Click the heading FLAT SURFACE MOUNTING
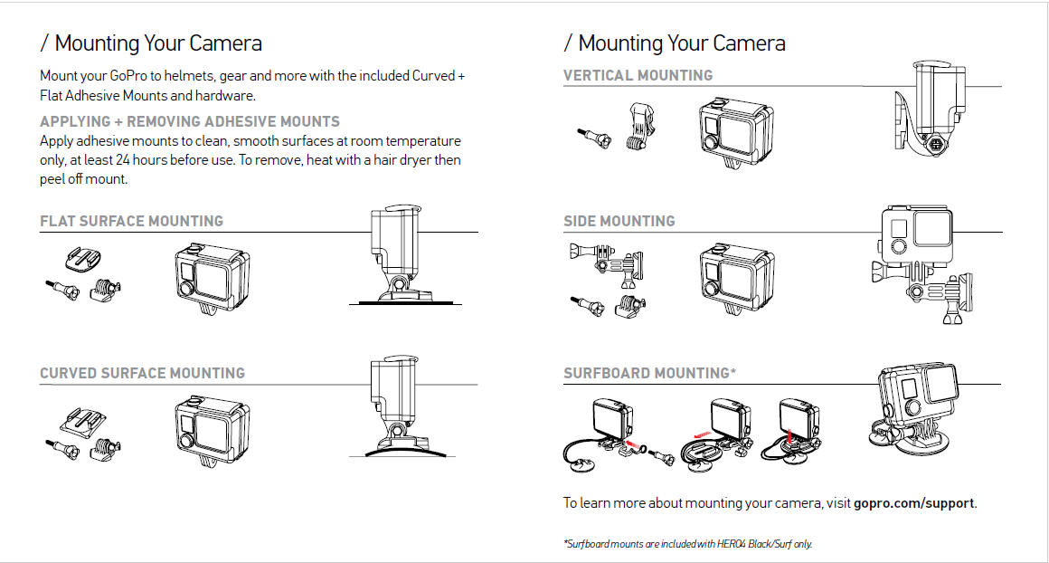pos(131,221)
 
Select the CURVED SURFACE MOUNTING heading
pos(142,373)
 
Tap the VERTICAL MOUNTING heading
pos(638,75)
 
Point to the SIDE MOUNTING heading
pos(619,221)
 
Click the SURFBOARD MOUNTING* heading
pos(648,373)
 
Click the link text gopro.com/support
pos(914,502)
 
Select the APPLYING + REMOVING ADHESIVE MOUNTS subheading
pos(190,121)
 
